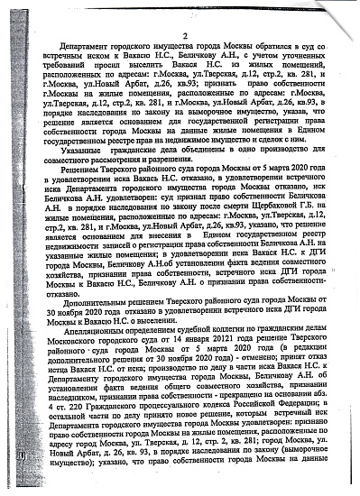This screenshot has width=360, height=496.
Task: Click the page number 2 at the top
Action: coord(185,35)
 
